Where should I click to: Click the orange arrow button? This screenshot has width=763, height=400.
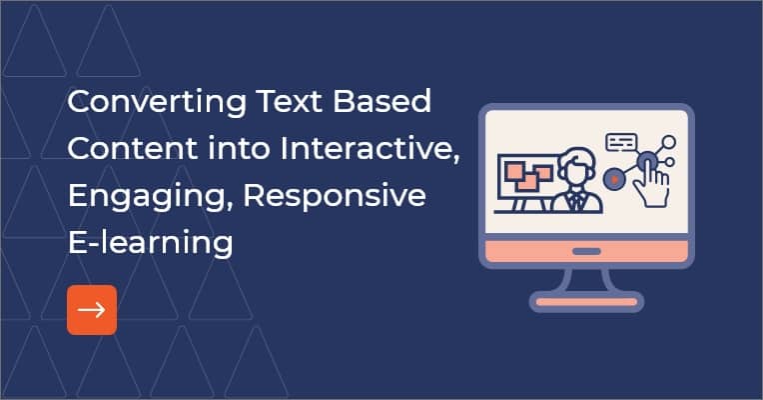pyautogui.click(x=92, y=310)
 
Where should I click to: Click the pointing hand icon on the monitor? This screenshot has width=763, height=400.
pyautogui.click(x=653, y=179)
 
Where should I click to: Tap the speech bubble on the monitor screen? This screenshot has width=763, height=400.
pyautogui.click(x=620, y=142)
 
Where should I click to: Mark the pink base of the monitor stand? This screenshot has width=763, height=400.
pyautogui.click(x=585, y=300)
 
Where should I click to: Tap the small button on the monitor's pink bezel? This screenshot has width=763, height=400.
pyautogui.click(x=585, y=250)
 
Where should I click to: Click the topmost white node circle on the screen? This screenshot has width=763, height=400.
pyautogui.click(x=669, y=142)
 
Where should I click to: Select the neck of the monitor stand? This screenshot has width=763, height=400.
pyautogui.click(x=585, y=279)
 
